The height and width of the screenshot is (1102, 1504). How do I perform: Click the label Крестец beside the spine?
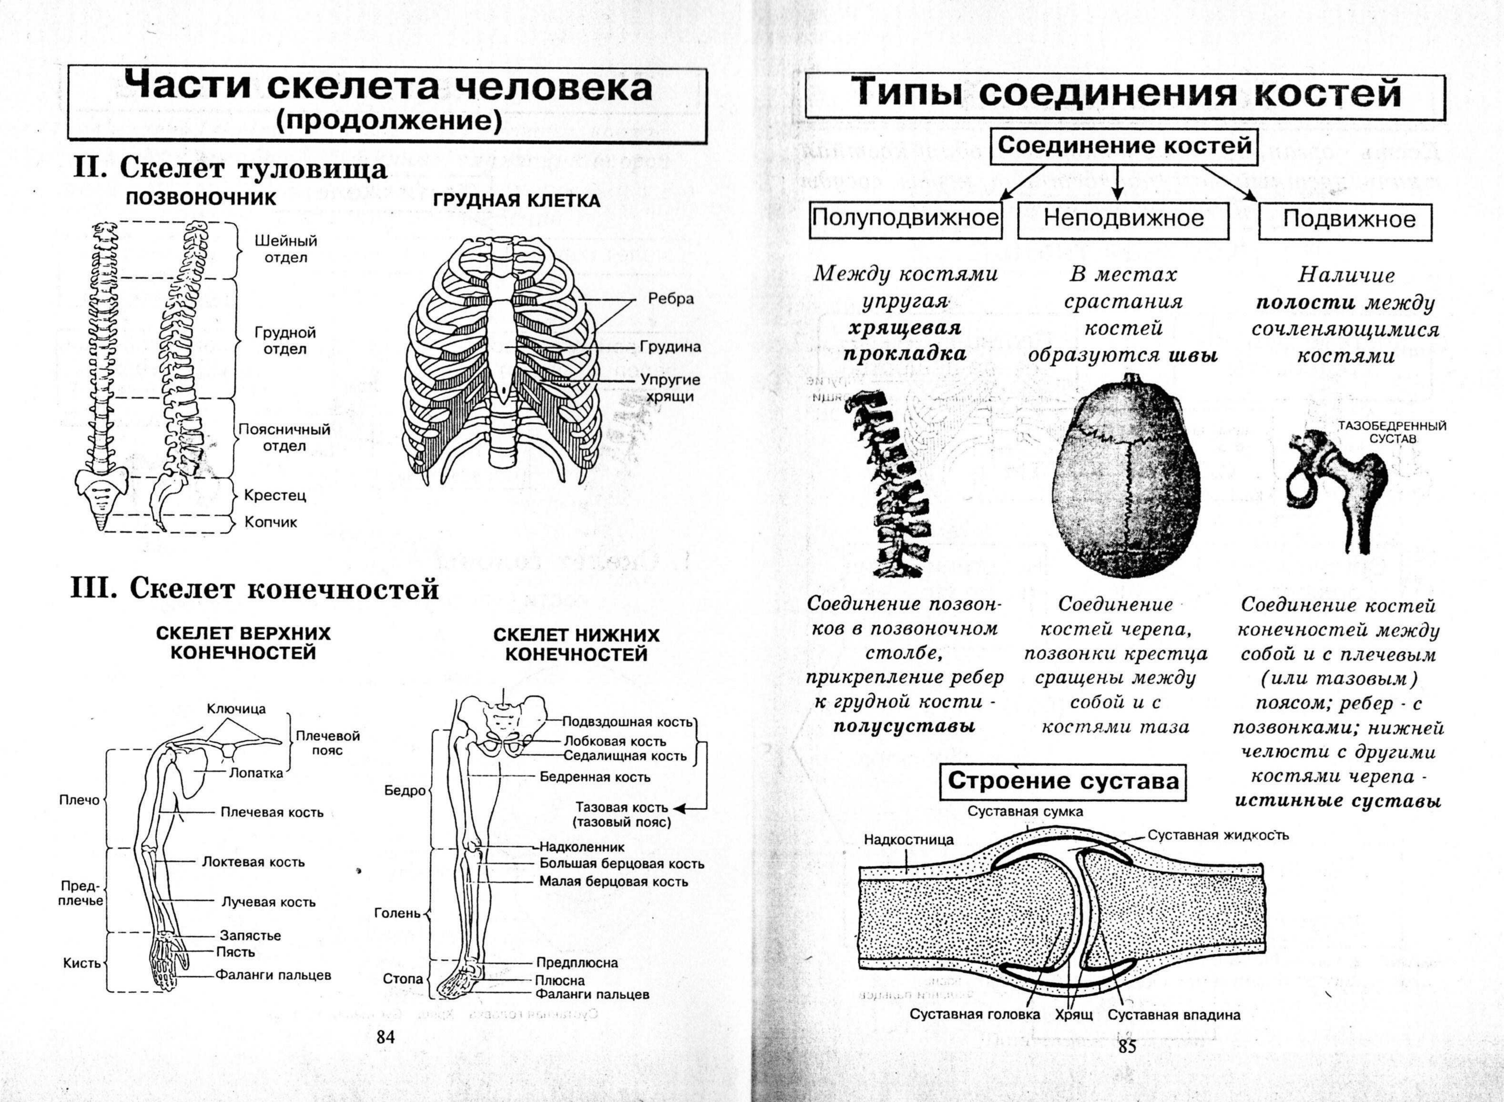275,496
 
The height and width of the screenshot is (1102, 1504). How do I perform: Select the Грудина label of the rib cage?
670,347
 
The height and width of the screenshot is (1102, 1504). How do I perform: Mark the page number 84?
385,1037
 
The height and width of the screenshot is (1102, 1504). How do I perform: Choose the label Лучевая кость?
268,902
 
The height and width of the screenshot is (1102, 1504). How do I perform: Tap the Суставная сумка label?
1025,812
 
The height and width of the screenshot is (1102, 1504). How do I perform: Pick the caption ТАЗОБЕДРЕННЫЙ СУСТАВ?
1392,432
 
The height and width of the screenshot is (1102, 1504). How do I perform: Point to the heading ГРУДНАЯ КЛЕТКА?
517,201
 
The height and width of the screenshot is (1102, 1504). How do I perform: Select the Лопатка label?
256,773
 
